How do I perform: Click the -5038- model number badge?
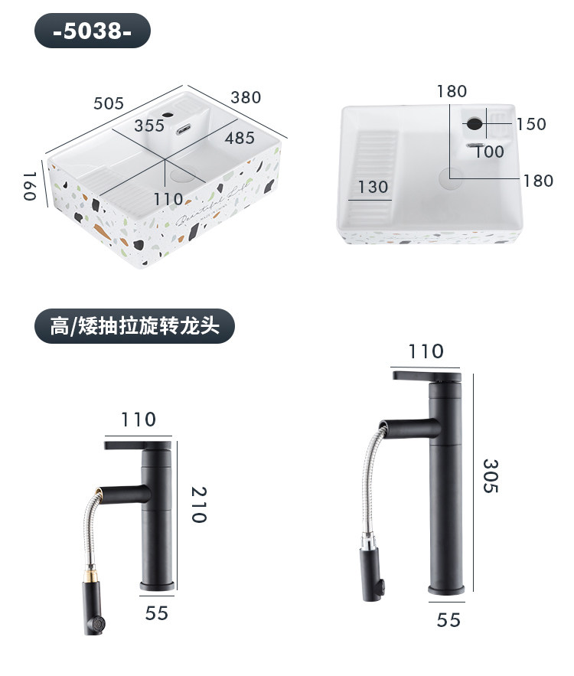point(93,31)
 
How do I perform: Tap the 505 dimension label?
point(109,103)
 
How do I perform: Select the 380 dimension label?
point(246,97)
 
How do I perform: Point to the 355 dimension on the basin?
point(149,126)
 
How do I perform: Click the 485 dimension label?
point(240,139)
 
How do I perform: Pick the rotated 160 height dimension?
point(30,187)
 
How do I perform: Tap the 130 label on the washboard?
point(373,187)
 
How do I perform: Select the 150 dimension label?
point(531,124)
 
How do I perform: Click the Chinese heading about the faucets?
point(135,327)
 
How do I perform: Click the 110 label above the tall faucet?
point(426,351)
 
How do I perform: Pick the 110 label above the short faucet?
point(138,420)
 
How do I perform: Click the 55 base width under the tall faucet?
point(448,619)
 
